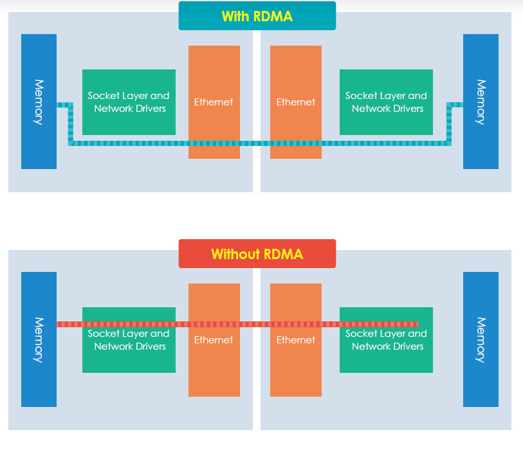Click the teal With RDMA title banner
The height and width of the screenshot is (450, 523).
pyautogui.click(x=257, y=16)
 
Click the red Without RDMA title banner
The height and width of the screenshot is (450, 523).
pyautogui.click(x=257, y=254)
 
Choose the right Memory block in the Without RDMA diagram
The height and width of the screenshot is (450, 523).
pyautogui.click(x=481, y=339)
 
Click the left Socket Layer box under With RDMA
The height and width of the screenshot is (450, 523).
pyautogui.click(x=129, y=102)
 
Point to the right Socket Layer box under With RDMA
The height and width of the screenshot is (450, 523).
pyautogui.click(x=386, y=102)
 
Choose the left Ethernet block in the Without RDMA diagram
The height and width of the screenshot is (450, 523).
pyautogui.click(x=214, y=360)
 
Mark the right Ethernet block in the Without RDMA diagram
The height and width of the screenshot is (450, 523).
pyautogui.click(x=296, y=360)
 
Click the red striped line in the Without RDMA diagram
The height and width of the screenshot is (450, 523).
pyautogui.click(x=257, y=324)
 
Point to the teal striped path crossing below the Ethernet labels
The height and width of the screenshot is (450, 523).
pyautogui.click(x=257, y=143)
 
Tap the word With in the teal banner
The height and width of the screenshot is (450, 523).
pyautogui.click(x=235, y=16)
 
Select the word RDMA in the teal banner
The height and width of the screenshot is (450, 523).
pyautogui.click(x=273, y=16)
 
